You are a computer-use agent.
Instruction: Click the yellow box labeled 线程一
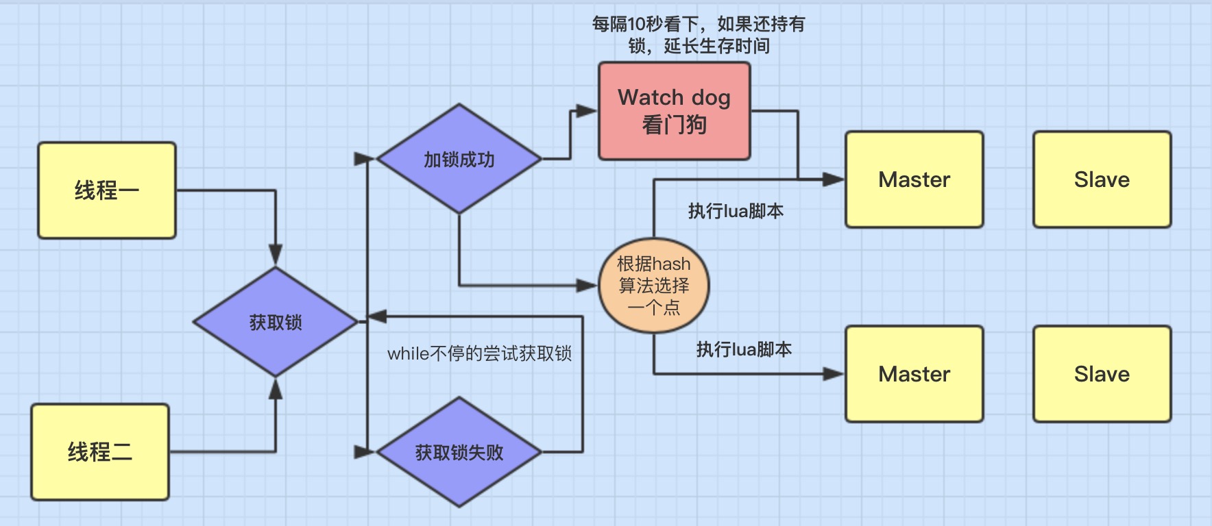pyautogui.click(x=107, y=190)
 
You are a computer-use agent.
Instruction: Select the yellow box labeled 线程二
pyautogui.click(x=100, y=452)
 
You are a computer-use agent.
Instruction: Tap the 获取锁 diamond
pyautogui.click(x=276, y=322)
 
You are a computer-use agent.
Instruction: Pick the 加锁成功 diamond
pyautogui.click(x=459, y=159)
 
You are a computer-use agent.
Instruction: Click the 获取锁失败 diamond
pyautogui.click(x=459, y=452)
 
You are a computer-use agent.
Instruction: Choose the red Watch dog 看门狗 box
pyautogui.click(x=674, y=111)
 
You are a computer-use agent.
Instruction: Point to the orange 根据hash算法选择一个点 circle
pyautogui.click(x=653, y=285)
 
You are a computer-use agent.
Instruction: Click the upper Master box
pyautogui.click(x=914, y=179)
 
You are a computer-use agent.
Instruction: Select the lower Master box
pyautogui.click(x=914, y=374)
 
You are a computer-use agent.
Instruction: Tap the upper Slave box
pyautogui.click(x=1102, y=179)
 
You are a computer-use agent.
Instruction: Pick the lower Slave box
pyautogui.click(x=1102, y=374)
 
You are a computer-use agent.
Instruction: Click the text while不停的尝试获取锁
pyautogui.click(x=479, y=353)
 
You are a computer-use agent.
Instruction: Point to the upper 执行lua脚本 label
pyautogui.click(x=736, y=211)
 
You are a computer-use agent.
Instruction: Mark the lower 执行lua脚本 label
pyautogui.click(x=744, y=349)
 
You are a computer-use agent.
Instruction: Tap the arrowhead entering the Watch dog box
pyautogui.click(x=587, y=111)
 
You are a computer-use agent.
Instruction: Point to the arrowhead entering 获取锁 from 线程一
pyautogui.click(x=276, y=255)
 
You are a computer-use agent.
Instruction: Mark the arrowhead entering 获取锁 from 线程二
pyautogui.click(x=276, y=389)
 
